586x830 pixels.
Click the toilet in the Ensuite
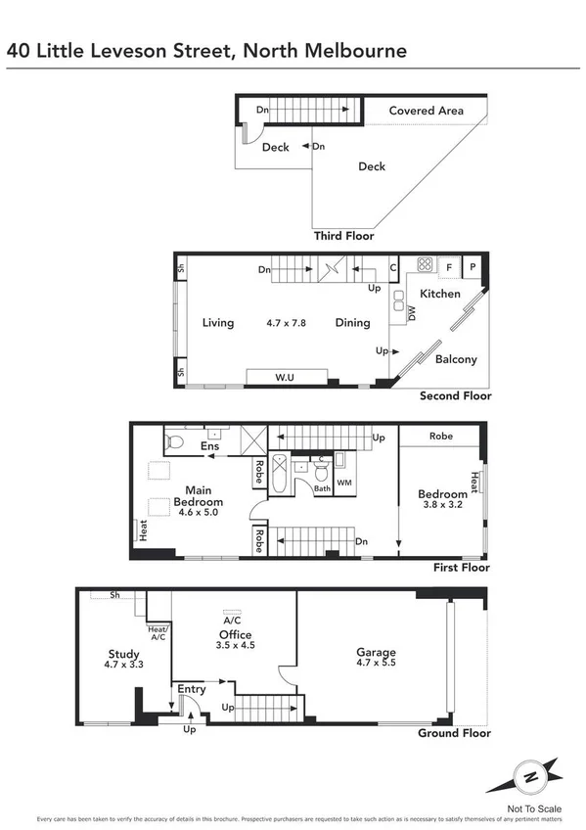click(x=176, y=441)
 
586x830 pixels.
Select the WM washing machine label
click(x=343, y=483)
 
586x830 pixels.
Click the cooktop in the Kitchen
click(x=426, y=264)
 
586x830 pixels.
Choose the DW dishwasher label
click(x=412, y=314)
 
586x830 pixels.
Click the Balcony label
click(x=456, y=359)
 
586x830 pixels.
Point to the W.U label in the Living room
click(x=286, y=377)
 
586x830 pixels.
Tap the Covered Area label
click(x=426, y=111)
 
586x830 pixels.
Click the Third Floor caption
click(x=343, y=236)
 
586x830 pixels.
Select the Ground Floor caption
click(x=454, y=733)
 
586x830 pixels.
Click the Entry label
click(x=191, y=690)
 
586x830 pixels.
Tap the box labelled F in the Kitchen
click(x=449, y=265)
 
